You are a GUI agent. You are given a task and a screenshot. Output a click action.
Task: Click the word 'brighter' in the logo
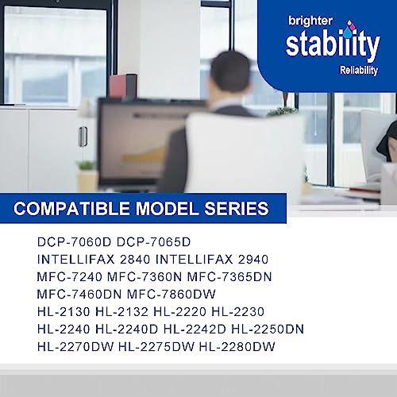tap(310, 21)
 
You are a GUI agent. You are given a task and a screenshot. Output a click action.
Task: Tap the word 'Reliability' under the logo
tap(359, 71)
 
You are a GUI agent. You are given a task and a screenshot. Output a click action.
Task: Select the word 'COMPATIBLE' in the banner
tap(71, 209)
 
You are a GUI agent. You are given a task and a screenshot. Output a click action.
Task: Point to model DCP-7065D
tap(154, 242)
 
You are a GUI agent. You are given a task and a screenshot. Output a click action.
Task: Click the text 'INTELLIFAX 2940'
tap(212, 260)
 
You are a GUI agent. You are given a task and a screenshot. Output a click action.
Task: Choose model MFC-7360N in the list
tap(145, 277)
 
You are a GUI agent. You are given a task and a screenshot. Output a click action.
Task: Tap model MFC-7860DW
tap(172, 295)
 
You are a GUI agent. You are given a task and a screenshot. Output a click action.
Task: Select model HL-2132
tap(121, 312)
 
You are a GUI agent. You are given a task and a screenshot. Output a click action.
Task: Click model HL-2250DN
tap(268, 330)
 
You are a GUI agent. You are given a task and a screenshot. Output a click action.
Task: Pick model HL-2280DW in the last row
tap(237, 347)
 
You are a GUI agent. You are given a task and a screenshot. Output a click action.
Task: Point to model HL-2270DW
tap(75, 347)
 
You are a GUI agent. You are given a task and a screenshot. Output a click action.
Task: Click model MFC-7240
tap(70, 277)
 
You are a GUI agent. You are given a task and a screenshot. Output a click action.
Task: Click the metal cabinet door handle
tap(83, 137)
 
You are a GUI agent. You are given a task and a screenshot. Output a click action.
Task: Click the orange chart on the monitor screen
tap(145, 156)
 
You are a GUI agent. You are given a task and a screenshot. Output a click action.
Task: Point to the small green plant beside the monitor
tap(87, 165)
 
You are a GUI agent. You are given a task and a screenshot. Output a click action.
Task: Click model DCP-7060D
tap(74, 242)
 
